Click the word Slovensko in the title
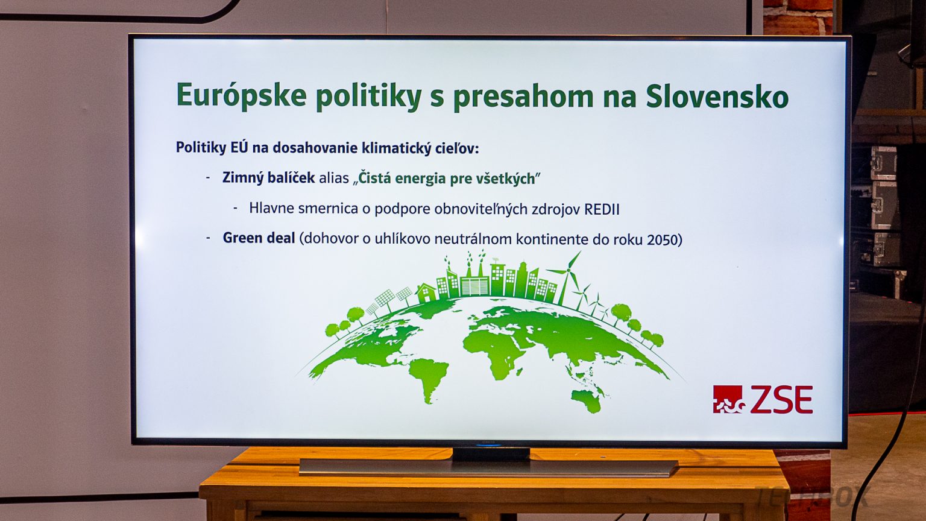[x=717, y=96]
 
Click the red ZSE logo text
[x=781, y=399]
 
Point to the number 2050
[x=663, y=239]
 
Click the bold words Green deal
[x=259, y=238]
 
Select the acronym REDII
[x=602, y=210]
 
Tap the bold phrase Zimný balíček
[x=268, y=178]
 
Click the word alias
[x=334, y=178]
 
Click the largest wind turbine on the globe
[x=565, y=277]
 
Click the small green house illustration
[x=426, y=293]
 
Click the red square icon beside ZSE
[x=728, y=399]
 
